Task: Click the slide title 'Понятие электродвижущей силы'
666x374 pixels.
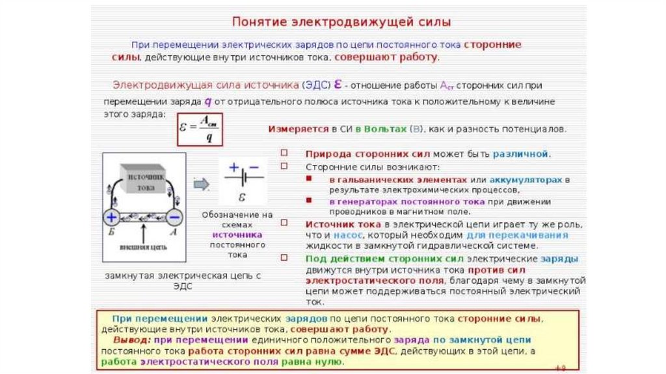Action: click(341, 22)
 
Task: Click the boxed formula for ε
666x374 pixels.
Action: click(200, 129)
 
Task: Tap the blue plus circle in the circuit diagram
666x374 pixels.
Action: click(111, 217)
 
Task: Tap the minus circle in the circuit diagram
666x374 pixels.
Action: click(174, 217)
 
